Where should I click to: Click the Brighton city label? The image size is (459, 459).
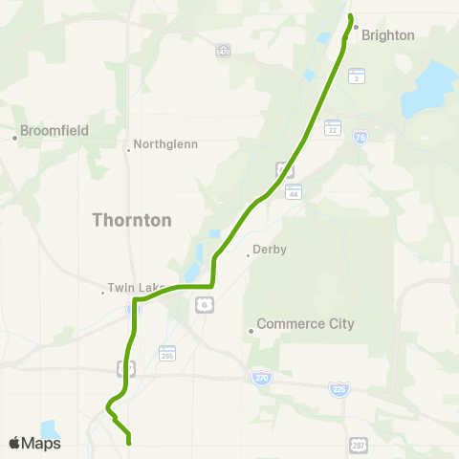pos(388,35)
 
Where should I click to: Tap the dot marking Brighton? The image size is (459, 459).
pos(356,27)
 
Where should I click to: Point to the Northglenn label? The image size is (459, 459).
pos(165,144)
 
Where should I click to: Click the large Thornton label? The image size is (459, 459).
pos(132,220)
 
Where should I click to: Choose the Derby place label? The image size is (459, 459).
pos(270,251)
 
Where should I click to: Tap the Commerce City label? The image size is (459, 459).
pos(305,323)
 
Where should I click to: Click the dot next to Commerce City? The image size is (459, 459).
pos(251,331)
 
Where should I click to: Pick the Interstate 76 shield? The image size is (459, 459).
pos(360,138)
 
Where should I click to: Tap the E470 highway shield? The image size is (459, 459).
pos(223,50)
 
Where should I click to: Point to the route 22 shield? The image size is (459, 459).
pos(333,127)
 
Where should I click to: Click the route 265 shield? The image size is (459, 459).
pos(167,353)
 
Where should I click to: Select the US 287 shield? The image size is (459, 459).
pos(358,446)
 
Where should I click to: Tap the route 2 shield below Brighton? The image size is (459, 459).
pos(356,76)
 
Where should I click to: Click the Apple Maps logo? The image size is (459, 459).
pos(34,443)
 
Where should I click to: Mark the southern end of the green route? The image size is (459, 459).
pos(128,442)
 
